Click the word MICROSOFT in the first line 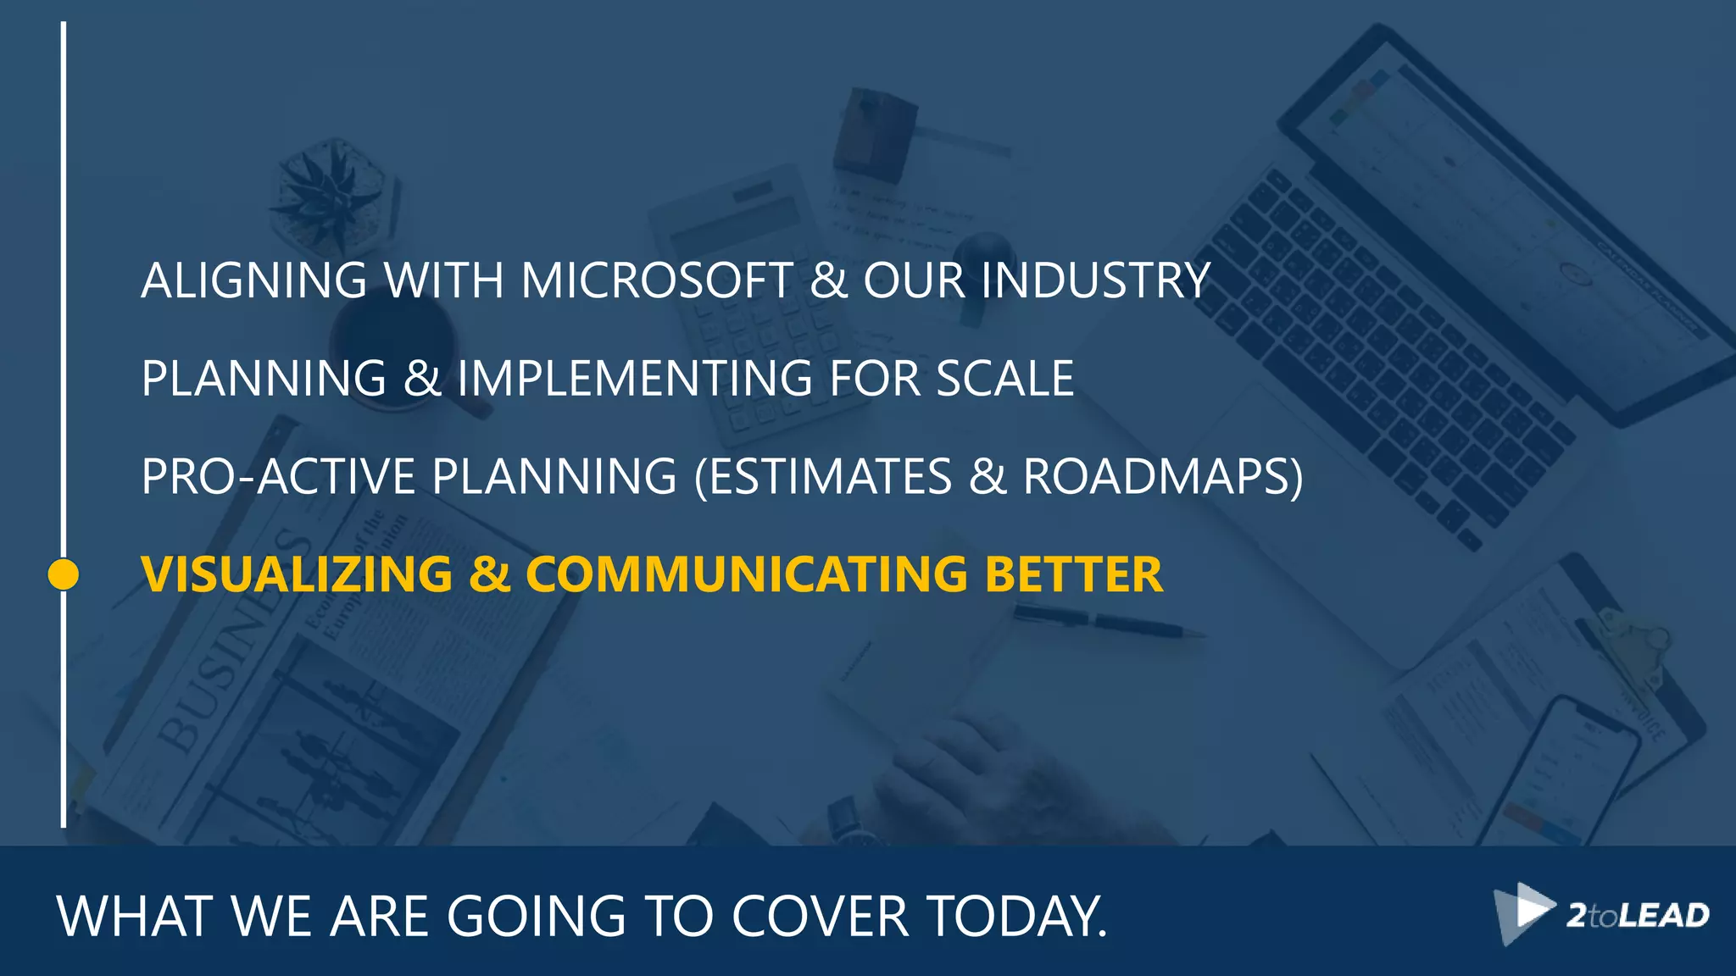pos(657,280)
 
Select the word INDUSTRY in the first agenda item pos(1095,280)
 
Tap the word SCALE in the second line pos(1004,378)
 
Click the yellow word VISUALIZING pos(297,574)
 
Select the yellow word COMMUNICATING pos(746,574)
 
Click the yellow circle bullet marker pos(64,574)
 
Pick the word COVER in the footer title pos(820,916)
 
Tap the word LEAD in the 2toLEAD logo pos(1664,916)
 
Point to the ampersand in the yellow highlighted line pos(489,574)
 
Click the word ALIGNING pos(253,280)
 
